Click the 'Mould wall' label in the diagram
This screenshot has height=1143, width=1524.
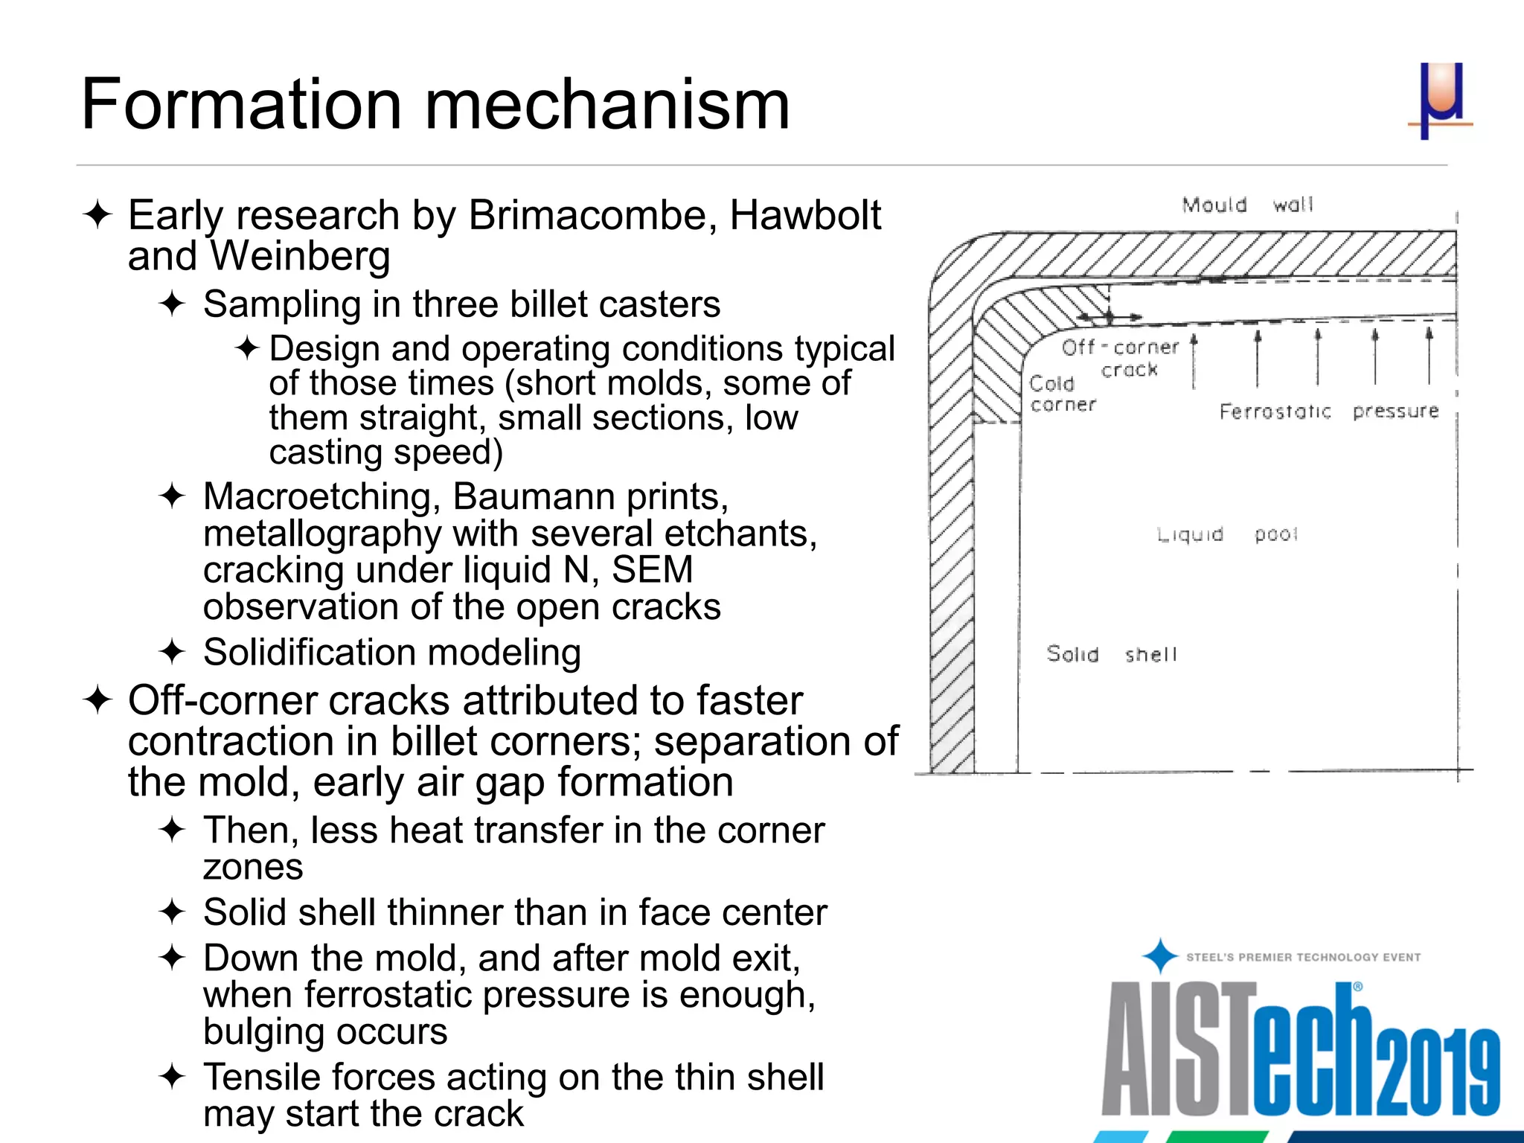pos(1248,205)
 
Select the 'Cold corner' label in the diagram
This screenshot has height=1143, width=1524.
pos(1062,394)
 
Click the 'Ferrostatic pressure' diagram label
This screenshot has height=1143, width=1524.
pos(1328,412)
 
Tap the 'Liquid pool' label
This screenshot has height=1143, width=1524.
pos(1227,534)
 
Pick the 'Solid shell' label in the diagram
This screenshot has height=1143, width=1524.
pos(1111,654)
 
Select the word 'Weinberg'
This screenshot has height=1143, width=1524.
pos(300,257)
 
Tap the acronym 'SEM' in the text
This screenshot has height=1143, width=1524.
pos(652,570)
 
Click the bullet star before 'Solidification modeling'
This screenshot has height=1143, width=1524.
pos(172,653)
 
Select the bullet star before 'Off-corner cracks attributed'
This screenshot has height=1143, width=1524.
pos(97,700)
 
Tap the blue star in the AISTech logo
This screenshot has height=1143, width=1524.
pos(1159,956)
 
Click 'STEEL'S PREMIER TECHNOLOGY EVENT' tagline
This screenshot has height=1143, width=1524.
pos(1303,958)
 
